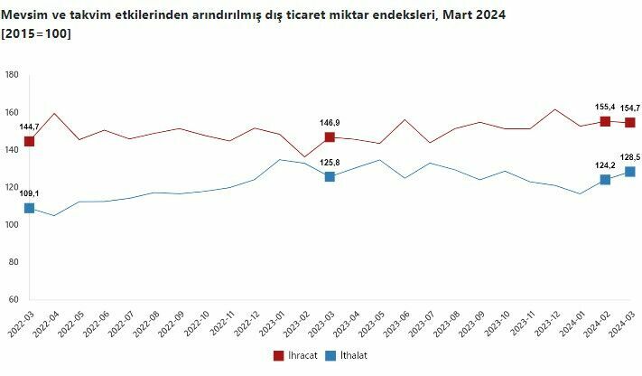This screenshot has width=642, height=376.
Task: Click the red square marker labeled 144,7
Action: pos(29,141)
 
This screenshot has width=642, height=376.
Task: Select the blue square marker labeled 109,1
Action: pos(29,208)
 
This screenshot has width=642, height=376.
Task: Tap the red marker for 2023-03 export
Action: pos(330,137)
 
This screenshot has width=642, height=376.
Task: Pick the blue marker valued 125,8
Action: pos(330,176)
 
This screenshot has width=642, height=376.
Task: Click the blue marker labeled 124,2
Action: pos(605,180)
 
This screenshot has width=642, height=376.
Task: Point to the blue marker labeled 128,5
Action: pos(630,172)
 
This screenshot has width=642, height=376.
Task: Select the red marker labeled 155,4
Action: pos(605,121)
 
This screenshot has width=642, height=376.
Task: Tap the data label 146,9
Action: pos(329,123)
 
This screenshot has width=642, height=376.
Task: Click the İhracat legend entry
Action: pos(297,355)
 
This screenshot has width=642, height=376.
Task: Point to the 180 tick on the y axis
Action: pos(12,75)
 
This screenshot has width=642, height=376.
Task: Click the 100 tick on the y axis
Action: pos(12,224)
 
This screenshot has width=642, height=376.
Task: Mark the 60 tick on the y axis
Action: pos(14,299)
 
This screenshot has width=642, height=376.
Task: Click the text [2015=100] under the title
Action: pos(37,33)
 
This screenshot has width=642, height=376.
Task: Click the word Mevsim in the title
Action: pos(23,15)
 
